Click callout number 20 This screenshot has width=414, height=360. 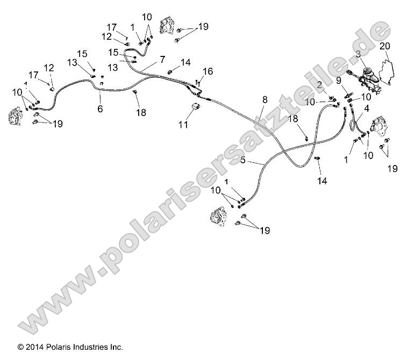(x=384, y=47)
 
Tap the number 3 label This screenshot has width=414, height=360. (x=358, y=54)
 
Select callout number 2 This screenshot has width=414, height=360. (x=319, y=85)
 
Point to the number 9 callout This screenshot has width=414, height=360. (x=339, y=81)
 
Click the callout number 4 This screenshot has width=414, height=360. (x=367, y=109)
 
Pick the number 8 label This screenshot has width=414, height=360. (x=265, y=99)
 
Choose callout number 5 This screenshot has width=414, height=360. (x=243, y=160)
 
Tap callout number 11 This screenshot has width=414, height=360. (x=183, y=125)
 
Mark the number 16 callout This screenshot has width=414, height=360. (x=208, y=71)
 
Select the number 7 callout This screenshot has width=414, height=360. (x=162, y=60)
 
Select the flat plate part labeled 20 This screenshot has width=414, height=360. (x=388, y=71)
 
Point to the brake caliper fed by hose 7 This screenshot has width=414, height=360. (x=169, y=27)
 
